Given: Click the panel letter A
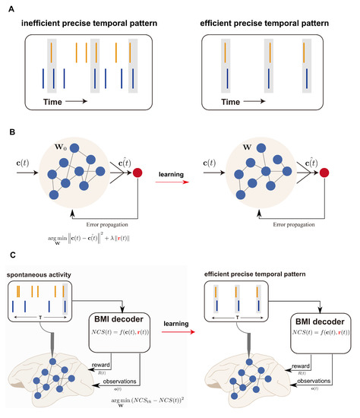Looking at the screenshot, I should pyautogui.click(x=7, y=6).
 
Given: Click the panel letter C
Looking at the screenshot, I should pyautogui.click(x=7, y=265).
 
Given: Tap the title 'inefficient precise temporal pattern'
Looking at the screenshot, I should pyautogui.click(x=84, y=24).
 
